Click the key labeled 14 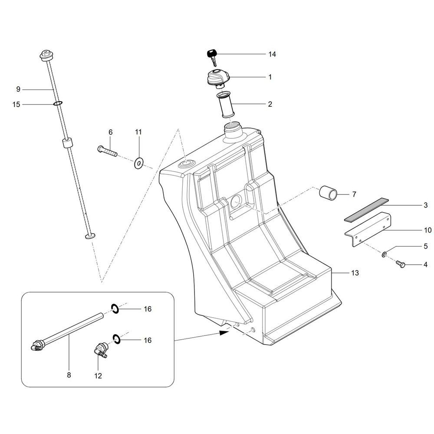pyautogui.click(x=213, y=57)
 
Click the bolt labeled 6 pyautogui.click(x=107, y=151)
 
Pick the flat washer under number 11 pyautogui.click(x=138, y=163)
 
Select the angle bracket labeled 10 pyautogui.click(x=368, y=229)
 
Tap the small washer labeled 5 pyautogui.click(x=384, y=254)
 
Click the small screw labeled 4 pyautogui.click(x=401, y=264)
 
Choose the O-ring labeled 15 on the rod pyautogui.click(x=58, y=103)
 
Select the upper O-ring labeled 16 pyautogui.click(x=115, y=309)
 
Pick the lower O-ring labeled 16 pyautogui.click(x=116, y=339)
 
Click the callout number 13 pyautogui.click(x=355, y=273)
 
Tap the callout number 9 pyautogui.click(x=18, y=89)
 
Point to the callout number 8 pyautogui.click(x=69, y=375)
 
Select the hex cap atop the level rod pyautogui.click(x=46, y=56)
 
